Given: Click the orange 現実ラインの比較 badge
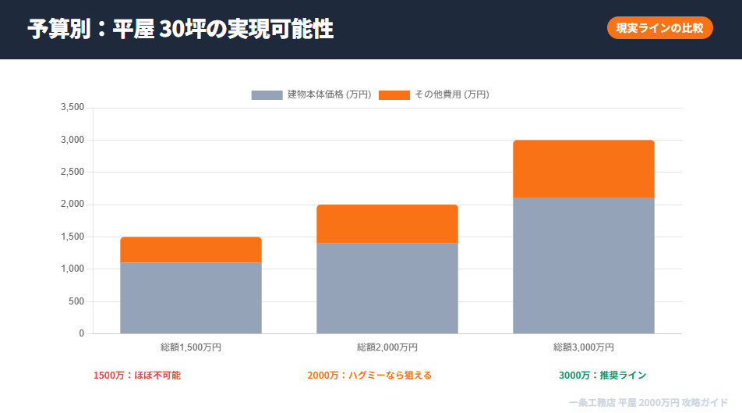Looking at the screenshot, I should [x=659, y=28].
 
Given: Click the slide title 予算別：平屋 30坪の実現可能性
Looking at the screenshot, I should [x=180, y=29].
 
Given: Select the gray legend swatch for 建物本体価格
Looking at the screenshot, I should [x=267, y=94].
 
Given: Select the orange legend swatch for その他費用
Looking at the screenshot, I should [x=394, y=94].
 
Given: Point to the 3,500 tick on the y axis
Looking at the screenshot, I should [x=72, y=108].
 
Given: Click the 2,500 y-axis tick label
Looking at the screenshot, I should [x=72, y=173].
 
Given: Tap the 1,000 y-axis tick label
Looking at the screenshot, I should [x=72, y=269].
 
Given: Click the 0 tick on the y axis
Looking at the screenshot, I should [x=81, y=333].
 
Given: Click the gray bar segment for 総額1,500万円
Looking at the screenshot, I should [x=191, y=298].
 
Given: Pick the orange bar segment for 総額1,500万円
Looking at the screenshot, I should [x=191, y=250].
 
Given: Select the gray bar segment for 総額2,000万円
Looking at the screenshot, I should [x=387, y=288].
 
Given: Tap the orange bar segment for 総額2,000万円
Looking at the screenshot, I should [x=387, y=224].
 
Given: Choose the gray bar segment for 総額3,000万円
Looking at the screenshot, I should [x=584, y=265].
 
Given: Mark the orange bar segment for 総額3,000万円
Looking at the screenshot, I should [x=584, y=169].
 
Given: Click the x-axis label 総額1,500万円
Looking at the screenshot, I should [x=191, y=347].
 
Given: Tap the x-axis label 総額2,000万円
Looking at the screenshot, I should [x=387, y=347].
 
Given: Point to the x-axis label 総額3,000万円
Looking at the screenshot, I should [x=584, y=347].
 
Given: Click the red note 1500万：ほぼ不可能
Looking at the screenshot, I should [x=137, y=376].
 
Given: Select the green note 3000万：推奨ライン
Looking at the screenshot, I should [x=602, y=376].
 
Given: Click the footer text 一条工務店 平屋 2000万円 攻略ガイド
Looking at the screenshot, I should [x=648, y=402].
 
